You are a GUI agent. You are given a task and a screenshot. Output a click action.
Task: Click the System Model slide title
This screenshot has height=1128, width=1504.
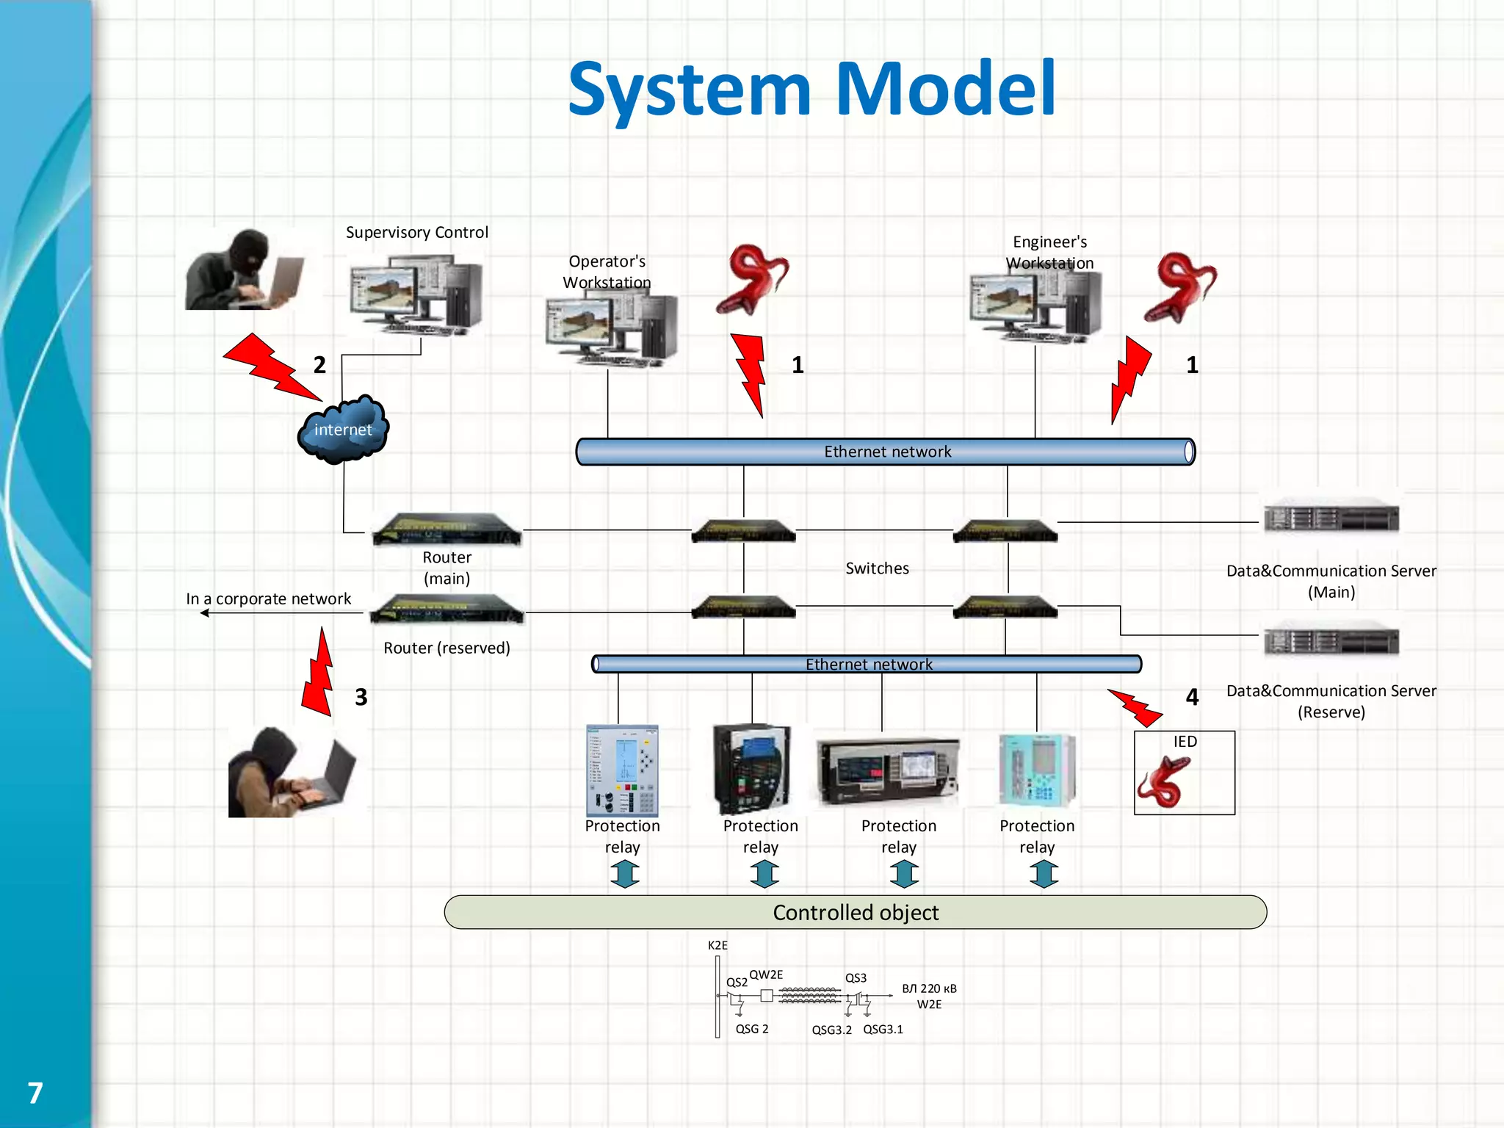click(811, 90)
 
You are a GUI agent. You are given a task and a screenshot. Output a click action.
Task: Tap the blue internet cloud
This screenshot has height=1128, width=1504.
click(343, 430)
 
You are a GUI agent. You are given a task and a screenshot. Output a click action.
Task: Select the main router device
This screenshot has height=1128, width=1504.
click(446, 529)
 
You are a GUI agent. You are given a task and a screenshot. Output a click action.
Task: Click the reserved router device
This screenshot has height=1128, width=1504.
click(446, 610)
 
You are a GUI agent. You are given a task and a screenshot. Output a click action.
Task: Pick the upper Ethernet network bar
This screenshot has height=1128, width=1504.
click(885, 452)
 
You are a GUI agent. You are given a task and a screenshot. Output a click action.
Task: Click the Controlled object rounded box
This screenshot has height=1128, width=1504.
click(856, 912)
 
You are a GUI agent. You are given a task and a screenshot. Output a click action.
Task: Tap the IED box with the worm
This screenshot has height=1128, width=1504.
click(1184, 773)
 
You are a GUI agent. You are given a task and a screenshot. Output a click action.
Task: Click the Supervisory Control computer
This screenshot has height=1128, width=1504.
click(416, 294)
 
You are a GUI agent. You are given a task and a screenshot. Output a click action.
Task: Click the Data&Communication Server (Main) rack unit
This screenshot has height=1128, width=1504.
click(1331, 517)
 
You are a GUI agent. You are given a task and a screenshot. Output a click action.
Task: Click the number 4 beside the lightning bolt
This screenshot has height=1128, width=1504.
click(1192, 697)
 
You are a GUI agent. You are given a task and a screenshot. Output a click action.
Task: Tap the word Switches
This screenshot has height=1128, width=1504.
click(877, 568)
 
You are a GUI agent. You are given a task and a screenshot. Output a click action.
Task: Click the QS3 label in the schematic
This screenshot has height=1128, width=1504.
click(856, 978)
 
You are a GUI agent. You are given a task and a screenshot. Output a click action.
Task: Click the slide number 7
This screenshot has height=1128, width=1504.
click(35, 1093)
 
